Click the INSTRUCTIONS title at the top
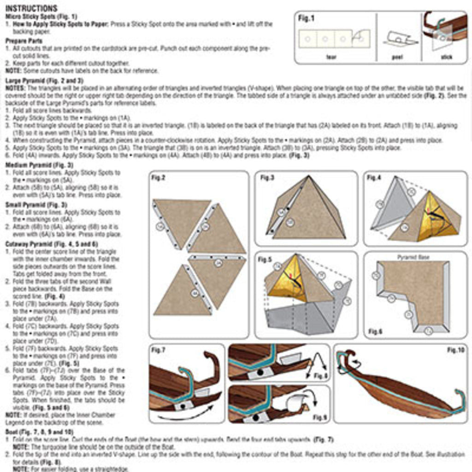point(31,9)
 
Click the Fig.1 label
point(306,18)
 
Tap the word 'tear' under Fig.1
point(331,57)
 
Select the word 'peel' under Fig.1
point(397,57)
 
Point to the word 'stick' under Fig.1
point(447,57)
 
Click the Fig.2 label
point(159,178)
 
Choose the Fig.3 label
point(267,177)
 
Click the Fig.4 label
point(374,177)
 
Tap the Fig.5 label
point(265,260)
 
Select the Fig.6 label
point(376,331)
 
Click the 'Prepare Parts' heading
point(24,41)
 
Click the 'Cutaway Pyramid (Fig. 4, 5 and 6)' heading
point(51,244)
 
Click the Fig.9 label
point(319,417)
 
